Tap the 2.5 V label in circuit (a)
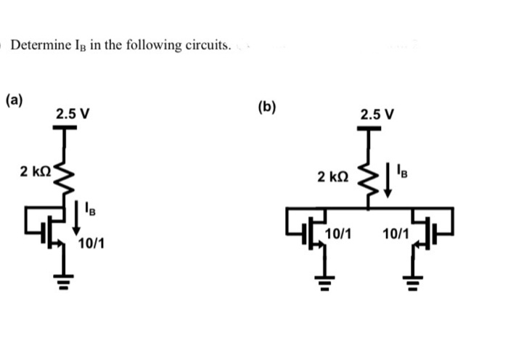[73, 114]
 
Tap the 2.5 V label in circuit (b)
[377, 114]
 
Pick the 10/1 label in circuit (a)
[90, 242]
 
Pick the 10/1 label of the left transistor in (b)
[339, 234]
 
